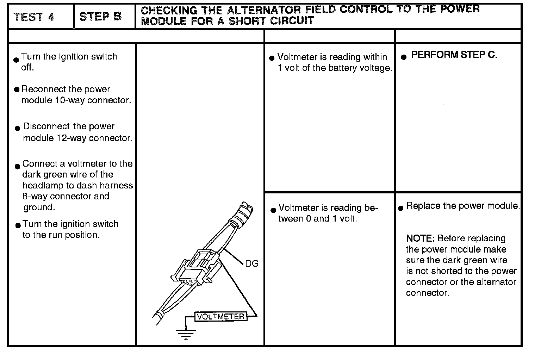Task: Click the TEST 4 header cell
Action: click(34, 17)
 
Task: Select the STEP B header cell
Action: click(100, 17)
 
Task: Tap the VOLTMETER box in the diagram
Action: click(221, 316)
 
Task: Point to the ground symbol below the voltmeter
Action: click(186, 333)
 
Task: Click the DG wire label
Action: click(251, 263)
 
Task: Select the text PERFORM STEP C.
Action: click(454, 55)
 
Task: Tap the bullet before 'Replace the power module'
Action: click(400, 208)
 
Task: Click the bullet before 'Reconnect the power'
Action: click(17, 89)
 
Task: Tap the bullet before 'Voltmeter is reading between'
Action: click(273, 210)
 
